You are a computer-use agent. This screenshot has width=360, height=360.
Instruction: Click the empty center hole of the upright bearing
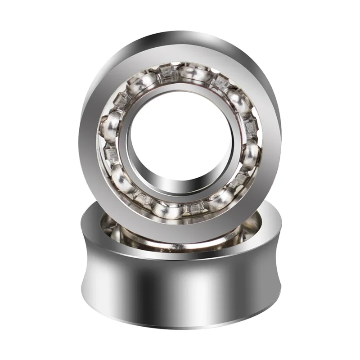pos(180,139)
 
